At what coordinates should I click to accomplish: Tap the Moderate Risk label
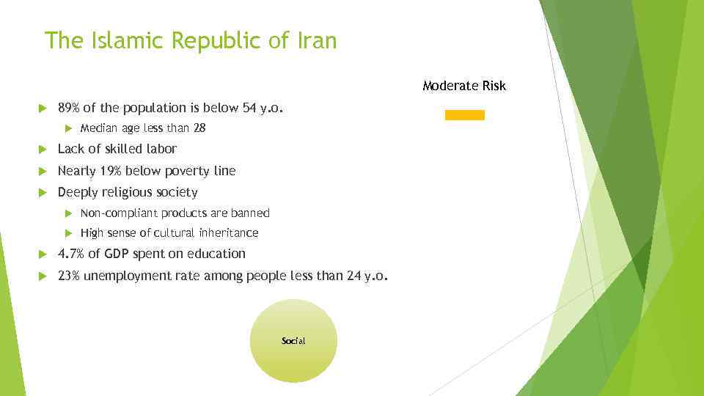pyautogui.click(x=464, y=86)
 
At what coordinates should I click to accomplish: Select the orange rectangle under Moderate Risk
pyautogui.click(x=465, y=115)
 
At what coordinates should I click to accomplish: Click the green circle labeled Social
pyautogui.click(x=293, y=341)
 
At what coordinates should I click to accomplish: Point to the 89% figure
pyautogui.click(x=69, y=108)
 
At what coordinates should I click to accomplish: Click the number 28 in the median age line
pyautogui.click(x=199, y=128)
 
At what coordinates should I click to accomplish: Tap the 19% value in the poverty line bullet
pyautogui.click(x=111, y=171)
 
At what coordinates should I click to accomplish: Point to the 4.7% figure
pyautogui.click(x=70, y=254)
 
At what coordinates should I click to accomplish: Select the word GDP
pyautogui.click(x=117, y=254)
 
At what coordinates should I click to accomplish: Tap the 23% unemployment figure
pyautogui.click(x=69, y=276)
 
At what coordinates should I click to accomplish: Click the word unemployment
pyautogui.click(x=127, y=276)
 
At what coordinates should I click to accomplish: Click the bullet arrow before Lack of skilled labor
pyautogui.click(x=41, y=150)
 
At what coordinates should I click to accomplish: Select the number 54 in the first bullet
pyautogui.click(x=250, y=108)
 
